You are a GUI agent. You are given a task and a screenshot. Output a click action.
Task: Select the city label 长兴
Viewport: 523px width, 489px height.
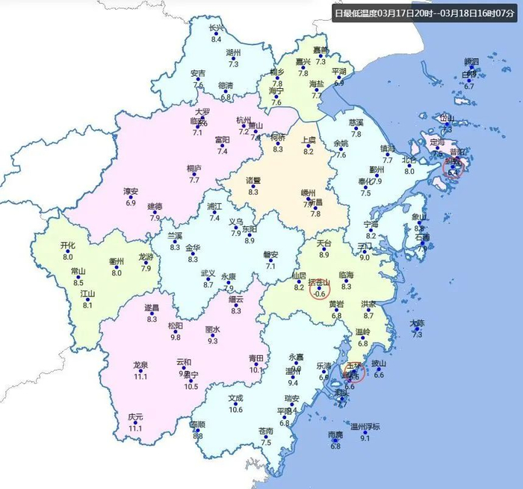217,28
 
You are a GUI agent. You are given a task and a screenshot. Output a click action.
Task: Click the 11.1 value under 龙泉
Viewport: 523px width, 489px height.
140,377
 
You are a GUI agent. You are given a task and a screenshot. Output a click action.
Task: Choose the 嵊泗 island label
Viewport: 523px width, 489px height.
471,61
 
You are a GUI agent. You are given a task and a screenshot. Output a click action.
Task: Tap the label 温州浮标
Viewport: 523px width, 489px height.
365,427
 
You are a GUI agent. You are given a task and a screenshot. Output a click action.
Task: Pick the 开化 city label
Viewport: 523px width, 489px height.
67,245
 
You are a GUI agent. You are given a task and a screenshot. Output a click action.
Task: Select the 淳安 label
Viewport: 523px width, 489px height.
131,192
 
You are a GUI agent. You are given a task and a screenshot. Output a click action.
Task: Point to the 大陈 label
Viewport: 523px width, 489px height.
417,323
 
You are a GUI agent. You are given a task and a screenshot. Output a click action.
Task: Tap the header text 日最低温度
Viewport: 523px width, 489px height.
356,13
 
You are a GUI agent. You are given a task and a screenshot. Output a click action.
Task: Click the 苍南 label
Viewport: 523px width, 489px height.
266,432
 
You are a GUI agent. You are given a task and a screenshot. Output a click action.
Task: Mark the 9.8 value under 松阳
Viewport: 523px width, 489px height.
176,337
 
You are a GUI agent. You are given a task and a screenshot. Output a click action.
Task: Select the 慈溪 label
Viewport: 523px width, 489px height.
356,122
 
